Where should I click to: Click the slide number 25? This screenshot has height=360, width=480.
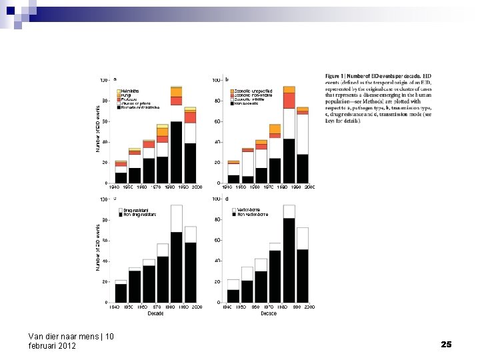point(446,344)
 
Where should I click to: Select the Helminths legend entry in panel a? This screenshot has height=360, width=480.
point(129,91)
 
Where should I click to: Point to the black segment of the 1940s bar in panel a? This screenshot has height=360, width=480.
point(121,177)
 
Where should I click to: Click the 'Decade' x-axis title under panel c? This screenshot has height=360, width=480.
point(155,313)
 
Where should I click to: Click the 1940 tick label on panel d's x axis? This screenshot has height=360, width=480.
point(228,307)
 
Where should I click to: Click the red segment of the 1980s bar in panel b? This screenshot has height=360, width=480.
point(289,100)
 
